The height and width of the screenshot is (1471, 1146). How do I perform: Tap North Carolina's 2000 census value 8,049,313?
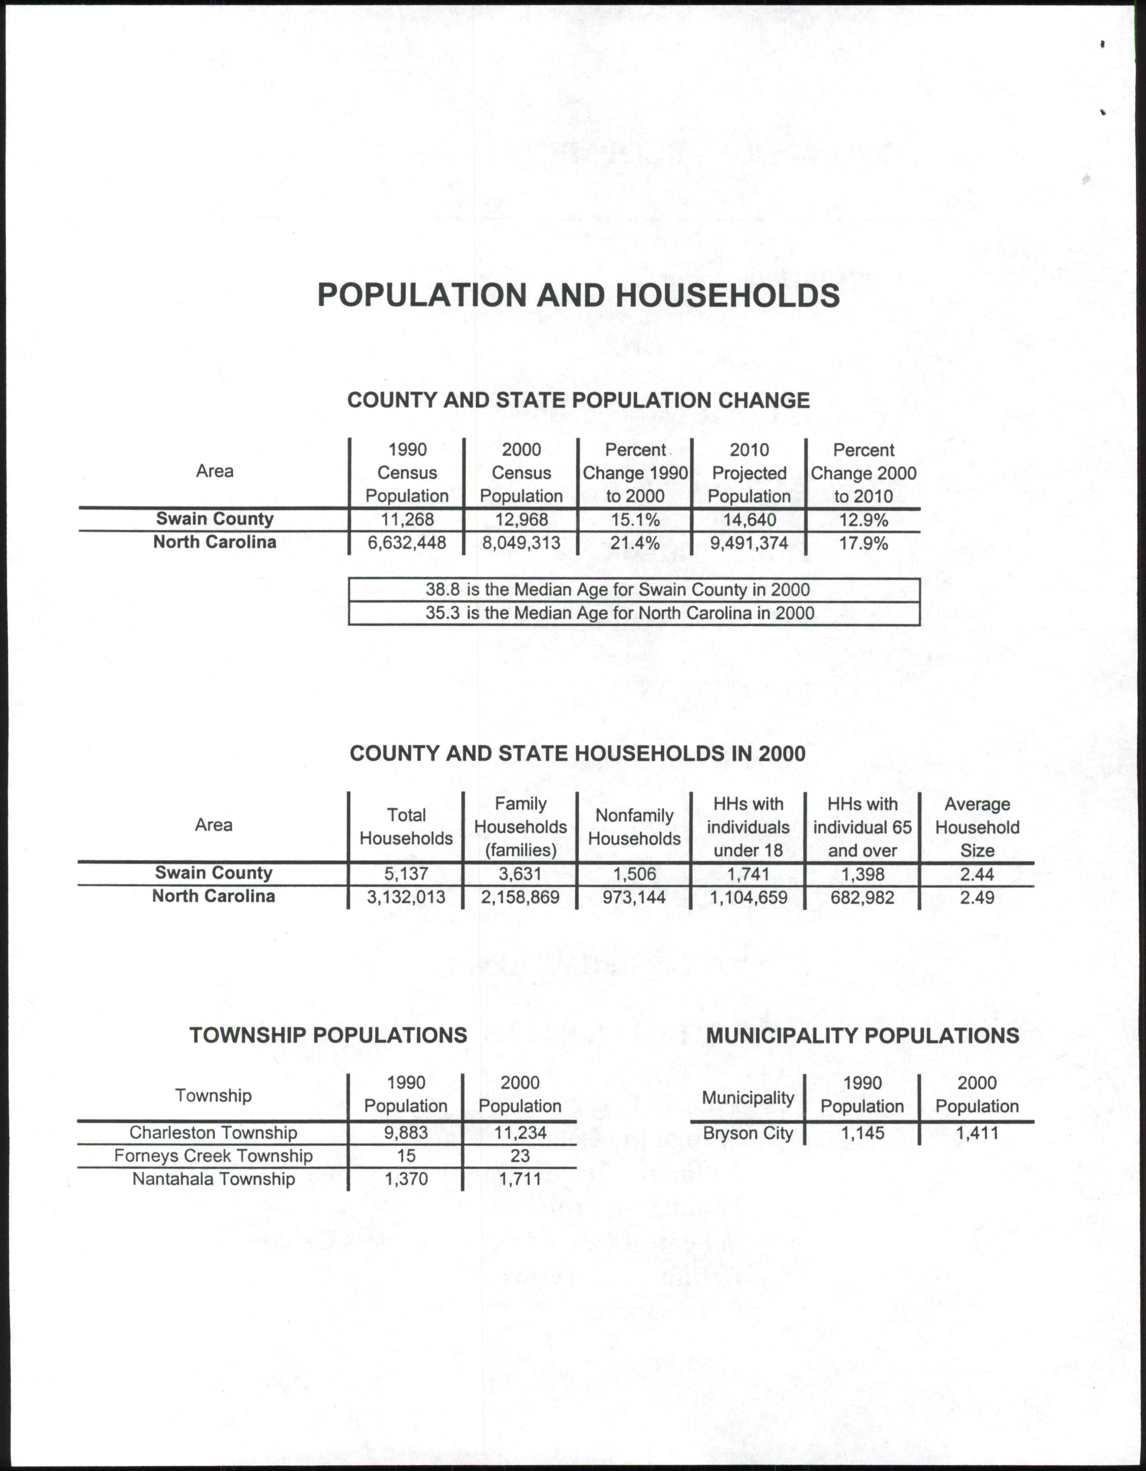(x=521, y=543)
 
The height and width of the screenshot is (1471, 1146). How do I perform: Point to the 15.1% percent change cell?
(x=635, y=519)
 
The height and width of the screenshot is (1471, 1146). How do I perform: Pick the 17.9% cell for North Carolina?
(x=863, y=543)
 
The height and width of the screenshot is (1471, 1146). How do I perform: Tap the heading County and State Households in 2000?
(x=577, y=753)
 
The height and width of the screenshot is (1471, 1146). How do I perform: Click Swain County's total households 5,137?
(x=406, y=874)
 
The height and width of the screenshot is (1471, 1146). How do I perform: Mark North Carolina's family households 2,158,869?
(x=520, y=897)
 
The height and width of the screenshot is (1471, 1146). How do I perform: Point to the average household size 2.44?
(x=977, y=874)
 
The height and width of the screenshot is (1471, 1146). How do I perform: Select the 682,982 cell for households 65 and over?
(x=863, y=897)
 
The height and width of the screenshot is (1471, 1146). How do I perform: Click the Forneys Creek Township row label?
(x=213, y=1156)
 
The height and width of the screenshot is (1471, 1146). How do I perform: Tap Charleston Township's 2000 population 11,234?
(x=520, y=1133)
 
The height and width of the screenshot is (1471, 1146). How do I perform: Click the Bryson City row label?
(x=748, y=1133)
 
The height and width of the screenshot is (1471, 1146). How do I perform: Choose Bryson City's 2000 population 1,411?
(x=977, y=1133)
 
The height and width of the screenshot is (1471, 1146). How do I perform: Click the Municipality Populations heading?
(x=863, y=1035)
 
